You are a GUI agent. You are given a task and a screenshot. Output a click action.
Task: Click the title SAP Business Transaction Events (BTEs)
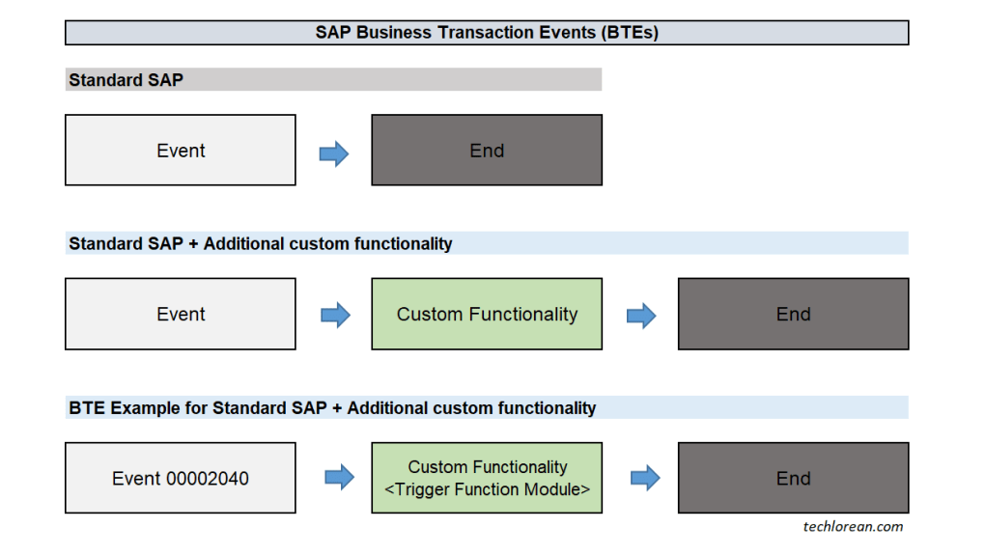pos(487,33)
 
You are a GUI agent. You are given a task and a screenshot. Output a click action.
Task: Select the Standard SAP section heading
pos(126,80)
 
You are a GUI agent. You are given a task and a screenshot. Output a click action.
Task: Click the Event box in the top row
pos(181,151)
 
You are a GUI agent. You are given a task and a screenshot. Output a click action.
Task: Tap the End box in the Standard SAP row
pos(487,151)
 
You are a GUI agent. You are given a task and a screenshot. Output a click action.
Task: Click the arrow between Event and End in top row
pos(334,153)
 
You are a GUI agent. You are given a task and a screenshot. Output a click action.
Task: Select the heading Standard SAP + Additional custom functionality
pos(261,244)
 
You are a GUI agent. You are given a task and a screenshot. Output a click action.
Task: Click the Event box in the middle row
pos(181,315)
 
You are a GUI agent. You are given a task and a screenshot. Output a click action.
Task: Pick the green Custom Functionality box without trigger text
pos(487,315)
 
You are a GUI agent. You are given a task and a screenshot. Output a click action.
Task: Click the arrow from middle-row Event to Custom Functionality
pos(334,316)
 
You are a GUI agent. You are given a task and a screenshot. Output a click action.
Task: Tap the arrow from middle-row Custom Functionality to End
pos(641,316)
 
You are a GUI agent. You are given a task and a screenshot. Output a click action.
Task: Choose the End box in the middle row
pos(793,315)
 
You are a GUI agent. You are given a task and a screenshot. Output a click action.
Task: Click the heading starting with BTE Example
pos(332,408)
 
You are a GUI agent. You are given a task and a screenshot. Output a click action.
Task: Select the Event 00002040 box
pos(181,479)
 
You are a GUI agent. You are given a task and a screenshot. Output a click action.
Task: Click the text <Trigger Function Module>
pos(487,490)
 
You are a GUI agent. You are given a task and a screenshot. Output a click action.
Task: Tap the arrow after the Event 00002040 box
pos(339,478)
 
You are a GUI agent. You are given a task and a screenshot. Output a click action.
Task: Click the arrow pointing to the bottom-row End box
pos(645,478)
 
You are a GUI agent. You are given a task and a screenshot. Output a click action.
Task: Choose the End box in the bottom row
pos(793,479)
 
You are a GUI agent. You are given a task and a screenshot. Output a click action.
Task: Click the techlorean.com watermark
pos(853,527)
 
